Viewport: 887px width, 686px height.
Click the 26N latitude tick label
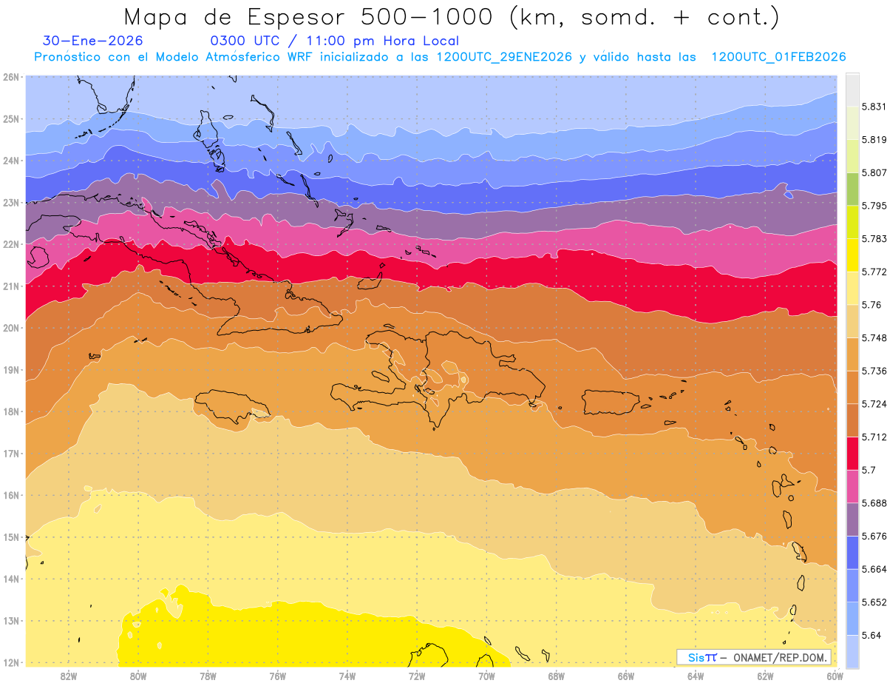click(x=10, y=77)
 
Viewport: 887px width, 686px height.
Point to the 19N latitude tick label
click(x=10, y=370)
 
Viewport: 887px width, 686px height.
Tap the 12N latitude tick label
click(x=10, y=662)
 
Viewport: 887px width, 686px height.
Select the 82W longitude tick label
click(x=69, y=676)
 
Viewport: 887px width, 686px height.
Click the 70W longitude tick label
click(x=486, y=676)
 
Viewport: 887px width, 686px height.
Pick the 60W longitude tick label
click(x=835, y=676)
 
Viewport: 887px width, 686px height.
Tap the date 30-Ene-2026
click(x=93, y=41)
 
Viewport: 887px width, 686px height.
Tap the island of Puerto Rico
click(x=610, y=402)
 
